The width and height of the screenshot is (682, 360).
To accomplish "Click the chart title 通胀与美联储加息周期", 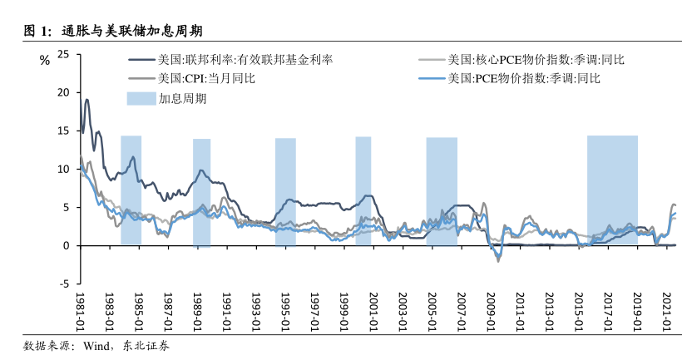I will point(126,31).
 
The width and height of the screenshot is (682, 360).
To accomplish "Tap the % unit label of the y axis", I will point(45,59).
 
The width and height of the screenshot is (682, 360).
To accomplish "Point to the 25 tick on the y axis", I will point(64,55).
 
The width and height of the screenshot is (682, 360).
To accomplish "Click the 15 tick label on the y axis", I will point(64,131).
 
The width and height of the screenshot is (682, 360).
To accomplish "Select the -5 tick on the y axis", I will point(64,284).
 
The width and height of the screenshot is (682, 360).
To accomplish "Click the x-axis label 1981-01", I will point(81,312).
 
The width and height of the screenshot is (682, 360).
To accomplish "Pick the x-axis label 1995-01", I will point(286,312).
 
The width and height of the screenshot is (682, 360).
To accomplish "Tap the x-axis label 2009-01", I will point(492,312).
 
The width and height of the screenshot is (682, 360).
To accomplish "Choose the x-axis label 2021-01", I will point(668,312).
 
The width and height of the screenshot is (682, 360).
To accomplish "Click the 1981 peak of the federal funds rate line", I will point(86,100).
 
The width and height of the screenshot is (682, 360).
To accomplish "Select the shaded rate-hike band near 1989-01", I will point(201,191).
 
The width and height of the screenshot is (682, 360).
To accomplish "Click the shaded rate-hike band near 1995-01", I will point(285,191).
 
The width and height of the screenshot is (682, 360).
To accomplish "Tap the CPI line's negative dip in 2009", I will point(498,260).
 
